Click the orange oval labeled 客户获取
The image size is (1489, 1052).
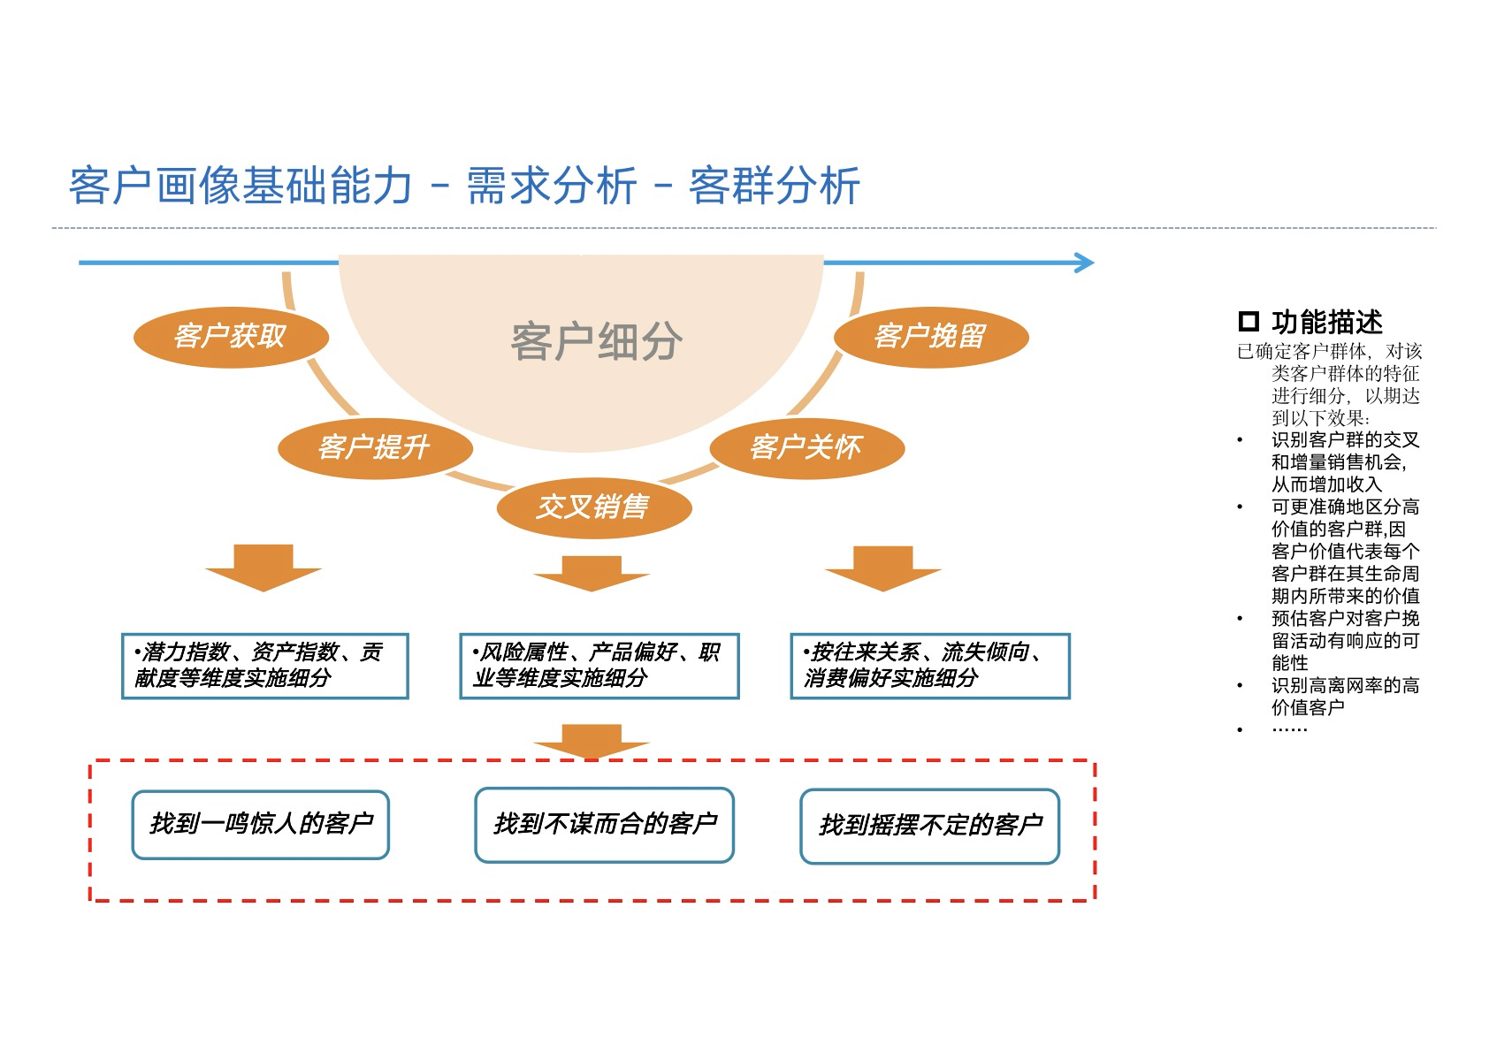click(230, 337)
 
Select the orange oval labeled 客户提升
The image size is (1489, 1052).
click(374, 448)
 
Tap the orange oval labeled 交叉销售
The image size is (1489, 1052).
click(593, 507)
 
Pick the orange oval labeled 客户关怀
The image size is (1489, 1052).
click(806, 447)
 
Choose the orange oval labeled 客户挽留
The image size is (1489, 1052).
click(930, 337)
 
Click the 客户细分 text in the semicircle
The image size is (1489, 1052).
click(596, 342)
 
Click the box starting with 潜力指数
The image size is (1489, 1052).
click(264, 666)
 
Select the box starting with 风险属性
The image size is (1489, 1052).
click(599, 666)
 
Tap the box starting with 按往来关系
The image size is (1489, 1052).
click(929, 666)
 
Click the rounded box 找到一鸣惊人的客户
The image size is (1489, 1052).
click(260, 825)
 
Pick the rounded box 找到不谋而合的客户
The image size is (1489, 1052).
click(604, 825)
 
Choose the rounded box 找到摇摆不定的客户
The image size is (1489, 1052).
click(929, 826)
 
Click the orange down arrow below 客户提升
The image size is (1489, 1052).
click(263, 568)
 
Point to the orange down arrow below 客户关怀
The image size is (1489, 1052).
click(882, 568)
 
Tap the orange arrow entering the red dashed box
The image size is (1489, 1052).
click(592, 741)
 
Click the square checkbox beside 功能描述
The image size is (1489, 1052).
click(1248, 321)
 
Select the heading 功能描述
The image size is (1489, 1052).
click(1326, 322)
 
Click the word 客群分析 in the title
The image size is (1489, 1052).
click(774, 187)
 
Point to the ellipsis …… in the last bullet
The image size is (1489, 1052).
click(1289, 729)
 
